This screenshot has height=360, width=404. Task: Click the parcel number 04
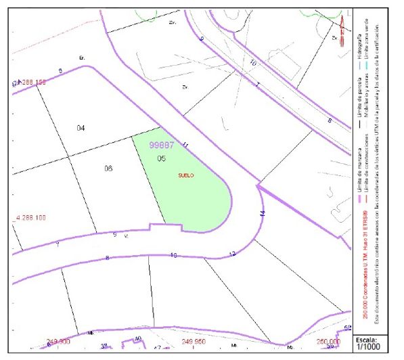pos(81,128)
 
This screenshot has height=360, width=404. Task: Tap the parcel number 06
pos(108,168)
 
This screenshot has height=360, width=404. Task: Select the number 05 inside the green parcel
pos(161,158)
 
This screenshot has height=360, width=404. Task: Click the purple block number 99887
pos(162,145)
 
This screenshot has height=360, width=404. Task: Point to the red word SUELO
pos(186,175)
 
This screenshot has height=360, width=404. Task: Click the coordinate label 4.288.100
pos(30,218)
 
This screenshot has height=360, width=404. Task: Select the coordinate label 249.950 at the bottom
pos(193,341)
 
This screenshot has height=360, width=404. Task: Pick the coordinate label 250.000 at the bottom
pos(328,341)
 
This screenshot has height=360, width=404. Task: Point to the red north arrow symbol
pos(342,27)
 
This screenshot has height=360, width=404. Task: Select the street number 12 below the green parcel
pos(232,254)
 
